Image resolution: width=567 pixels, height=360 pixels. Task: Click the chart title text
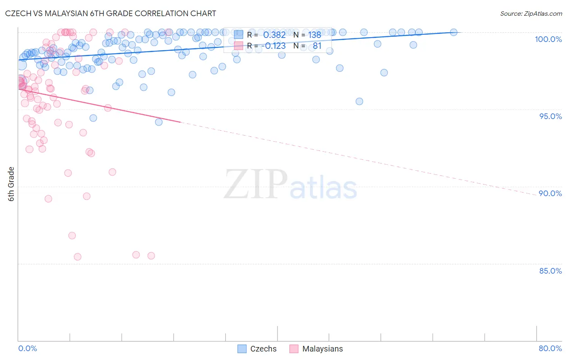(110, 13)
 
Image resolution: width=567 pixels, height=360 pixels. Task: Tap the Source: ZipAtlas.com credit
(531, 13)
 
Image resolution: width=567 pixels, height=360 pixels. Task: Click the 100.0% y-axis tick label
(548, 39)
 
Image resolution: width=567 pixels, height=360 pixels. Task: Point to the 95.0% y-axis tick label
(550, 116)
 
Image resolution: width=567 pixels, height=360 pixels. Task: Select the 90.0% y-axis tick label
(550, 193)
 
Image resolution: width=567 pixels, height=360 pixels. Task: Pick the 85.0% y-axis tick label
(550, 271)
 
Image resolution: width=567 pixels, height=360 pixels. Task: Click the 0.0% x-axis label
(27, 348)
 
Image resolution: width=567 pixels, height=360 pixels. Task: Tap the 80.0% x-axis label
(550, 348)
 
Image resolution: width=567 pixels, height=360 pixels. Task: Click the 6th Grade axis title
(11, 184)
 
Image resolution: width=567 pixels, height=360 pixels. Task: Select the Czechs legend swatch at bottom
(242, 349)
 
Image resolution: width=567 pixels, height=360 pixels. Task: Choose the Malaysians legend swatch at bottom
(294, 349)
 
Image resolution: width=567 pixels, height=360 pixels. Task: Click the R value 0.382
(274, 35)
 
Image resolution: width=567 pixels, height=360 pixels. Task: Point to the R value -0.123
(273, 46)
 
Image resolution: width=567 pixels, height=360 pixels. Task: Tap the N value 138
(315, 35)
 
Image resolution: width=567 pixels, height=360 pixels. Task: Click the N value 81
(317, 46)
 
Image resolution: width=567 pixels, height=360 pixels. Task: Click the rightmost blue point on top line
(454, 32)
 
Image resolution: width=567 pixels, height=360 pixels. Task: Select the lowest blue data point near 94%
(159, 122)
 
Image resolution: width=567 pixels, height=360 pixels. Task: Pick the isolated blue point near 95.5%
(359, 101)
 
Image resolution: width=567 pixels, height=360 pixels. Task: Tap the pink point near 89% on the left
(48, 199)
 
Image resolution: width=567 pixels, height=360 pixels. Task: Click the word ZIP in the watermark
(255, 184)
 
